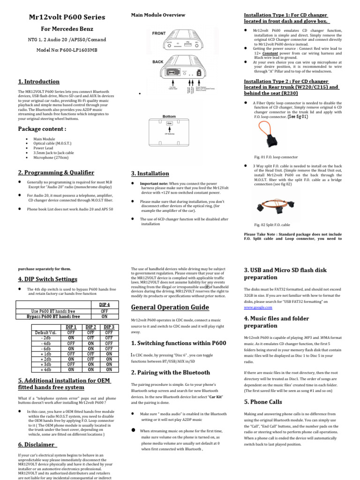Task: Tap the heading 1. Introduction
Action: point(38,82)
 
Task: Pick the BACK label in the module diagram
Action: point(158,61)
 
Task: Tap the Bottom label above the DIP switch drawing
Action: point(169,116)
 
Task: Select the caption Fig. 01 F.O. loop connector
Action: point(276,157)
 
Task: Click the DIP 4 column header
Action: point(105,305)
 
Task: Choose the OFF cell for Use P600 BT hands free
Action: point(105,311)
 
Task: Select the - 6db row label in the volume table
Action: point(46,348)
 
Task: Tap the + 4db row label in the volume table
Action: point(46,369)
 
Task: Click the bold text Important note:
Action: point(154,184)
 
